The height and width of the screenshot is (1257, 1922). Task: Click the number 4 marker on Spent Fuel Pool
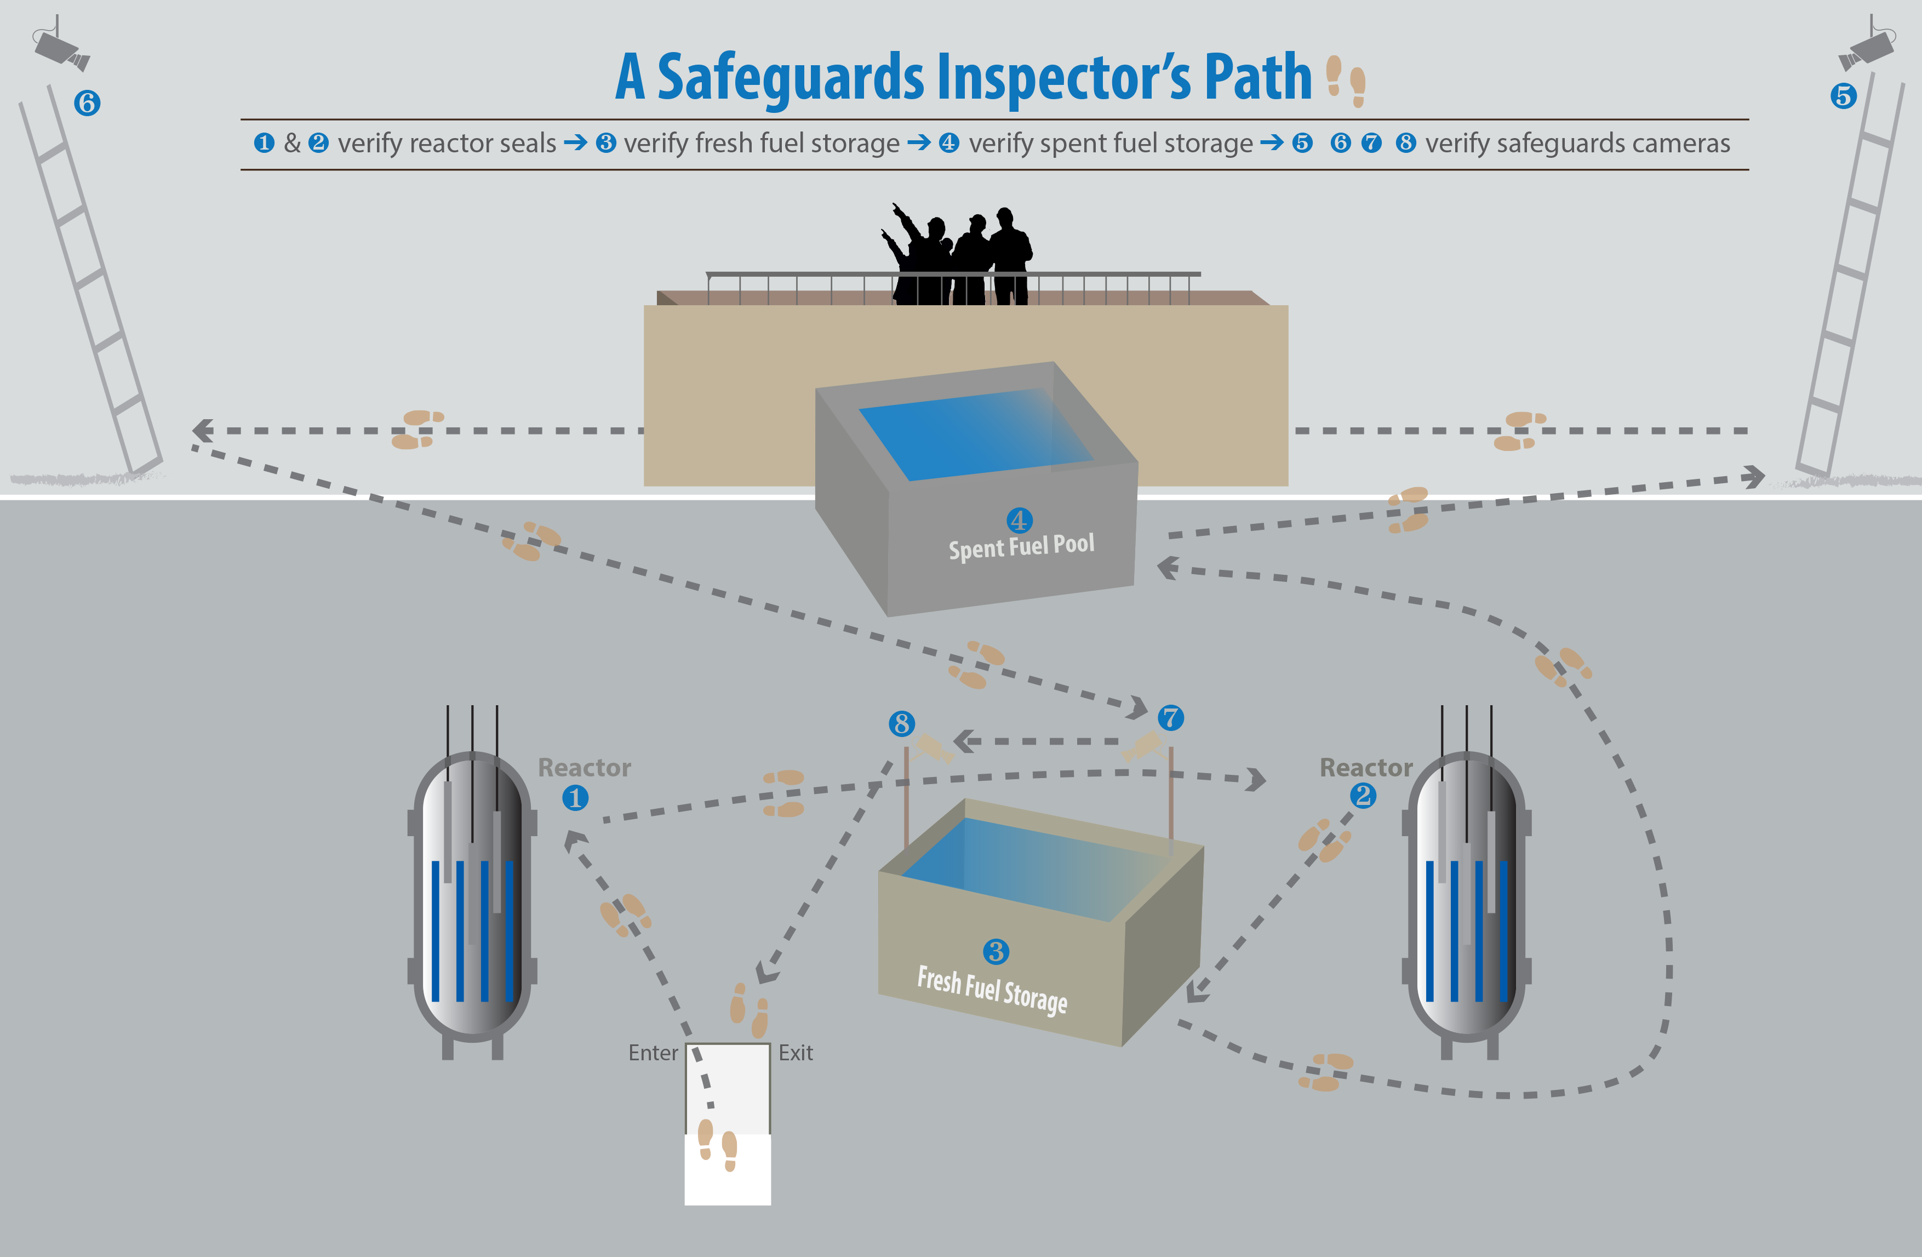(1019, 520)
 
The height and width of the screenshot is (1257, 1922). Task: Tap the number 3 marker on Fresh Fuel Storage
(996, 952)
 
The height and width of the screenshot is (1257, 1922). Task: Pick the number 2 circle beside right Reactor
(1363, 796)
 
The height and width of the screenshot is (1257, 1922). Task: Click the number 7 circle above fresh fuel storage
(1170, 717)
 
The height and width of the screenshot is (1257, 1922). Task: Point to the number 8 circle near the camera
(901, 723)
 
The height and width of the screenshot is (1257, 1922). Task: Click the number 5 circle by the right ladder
(1843, 96)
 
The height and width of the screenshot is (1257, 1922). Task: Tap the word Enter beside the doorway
(653, 1053)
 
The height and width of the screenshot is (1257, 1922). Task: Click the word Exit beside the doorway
(796, 1053)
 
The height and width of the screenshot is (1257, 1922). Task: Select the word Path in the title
(1257, 78)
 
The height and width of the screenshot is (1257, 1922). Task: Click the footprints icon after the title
(1346, 81)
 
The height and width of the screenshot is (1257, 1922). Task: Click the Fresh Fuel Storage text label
(992, 990)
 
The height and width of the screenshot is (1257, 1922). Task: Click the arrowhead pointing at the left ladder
(202, 431)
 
